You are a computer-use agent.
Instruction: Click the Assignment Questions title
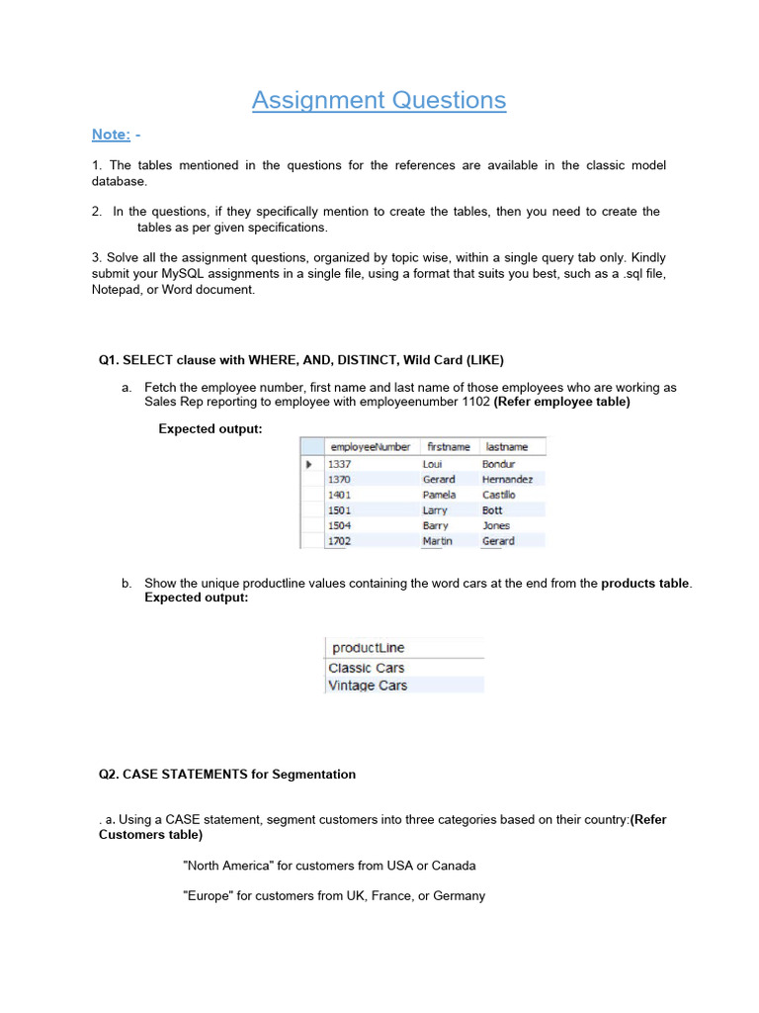click(379, 100)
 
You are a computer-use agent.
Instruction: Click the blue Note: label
click(111, 135)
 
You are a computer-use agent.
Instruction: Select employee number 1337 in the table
click(339, 464)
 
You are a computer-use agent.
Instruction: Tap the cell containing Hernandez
click(507, 479)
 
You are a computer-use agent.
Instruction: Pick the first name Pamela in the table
click(439, 495)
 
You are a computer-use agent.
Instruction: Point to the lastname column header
click(507, 447)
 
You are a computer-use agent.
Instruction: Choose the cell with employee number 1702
click(339, 541)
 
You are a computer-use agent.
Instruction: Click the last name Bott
click(492, 510)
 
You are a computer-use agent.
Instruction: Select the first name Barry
click(435, 526)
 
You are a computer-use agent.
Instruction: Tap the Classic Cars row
click(366, 668)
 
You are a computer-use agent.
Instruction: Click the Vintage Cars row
click(367, 686)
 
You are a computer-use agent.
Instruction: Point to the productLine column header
click(368, 648)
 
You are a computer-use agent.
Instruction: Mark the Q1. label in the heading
click(109, 359)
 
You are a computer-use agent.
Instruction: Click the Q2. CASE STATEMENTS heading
click(227, 775)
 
